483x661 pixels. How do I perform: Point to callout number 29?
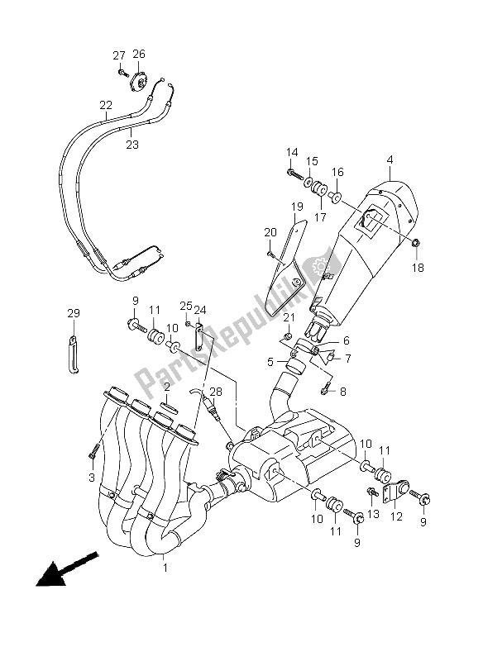coord(74,313)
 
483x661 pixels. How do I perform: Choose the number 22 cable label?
coord(105,106)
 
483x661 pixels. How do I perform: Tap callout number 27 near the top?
coord(118,55)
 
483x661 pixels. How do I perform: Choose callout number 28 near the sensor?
coord(216,391)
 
